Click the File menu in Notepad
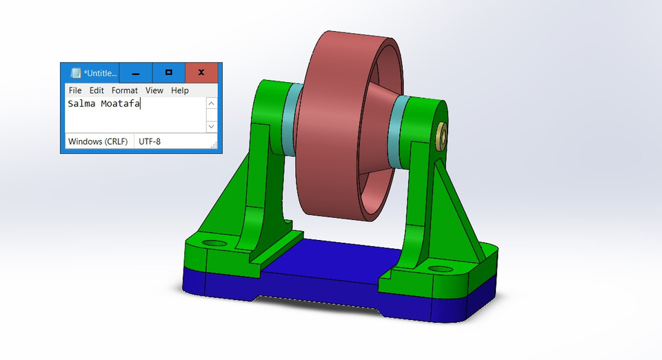tap(75, 90)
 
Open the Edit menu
tap(97, 90)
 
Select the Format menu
tap(125, 90)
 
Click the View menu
tap(154, 90)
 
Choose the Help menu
tap(180, 90)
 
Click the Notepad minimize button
tap(136, 72)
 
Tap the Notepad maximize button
tap(168, 72)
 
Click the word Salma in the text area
tap(81, 104)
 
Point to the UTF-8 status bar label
tap(151, 141)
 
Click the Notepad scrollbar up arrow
tap(212, 104)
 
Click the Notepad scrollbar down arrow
tap(212, 127)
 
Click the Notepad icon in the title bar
tap(76, 72)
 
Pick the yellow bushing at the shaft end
tap(440, 135)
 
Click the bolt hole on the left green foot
tap(214, 244)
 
